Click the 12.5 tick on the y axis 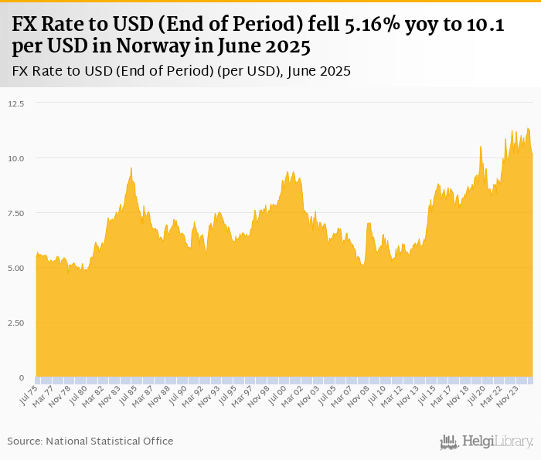[x=16, y=103]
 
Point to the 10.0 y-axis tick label [x=16, y=158]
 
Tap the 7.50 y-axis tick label [x=15, y=213]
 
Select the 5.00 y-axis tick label [x=15, y=268]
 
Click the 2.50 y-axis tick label [x=15, y=323]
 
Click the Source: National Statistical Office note [x=90, y=441]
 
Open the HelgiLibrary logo [x=486, y=441]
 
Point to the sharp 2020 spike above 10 [x=481, y=147]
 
